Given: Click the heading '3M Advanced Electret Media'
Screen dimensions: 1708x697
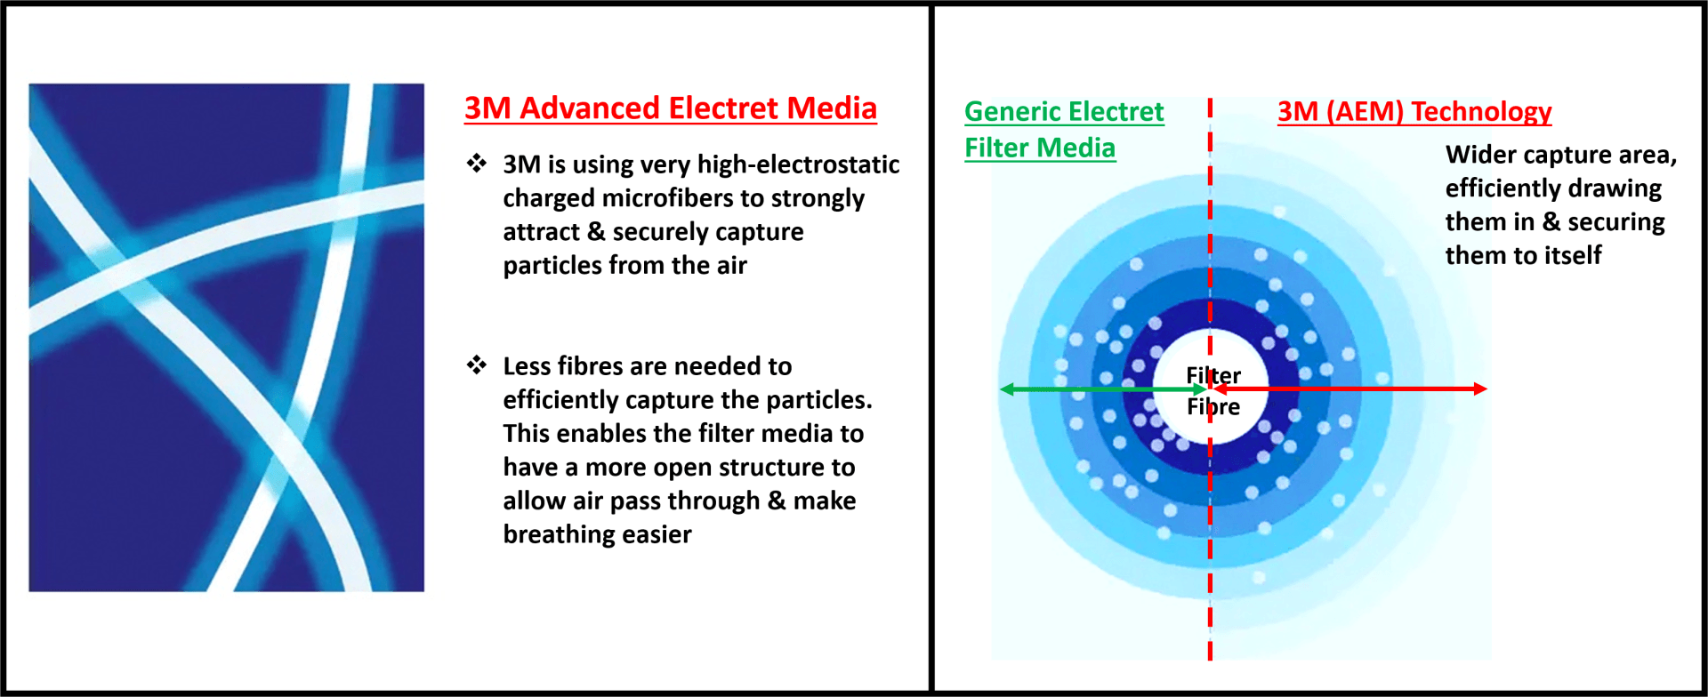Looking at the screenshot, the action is [671, 108].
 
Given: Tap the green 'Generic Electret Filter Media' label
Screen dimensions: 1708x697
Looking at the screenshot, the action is [1064, 130].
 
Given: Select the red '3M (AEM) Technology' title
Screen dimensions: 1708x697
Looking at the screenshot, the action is [1414, 112].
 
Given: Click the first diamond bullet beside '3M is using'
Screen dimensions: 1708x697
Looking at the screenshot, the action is [477, 163].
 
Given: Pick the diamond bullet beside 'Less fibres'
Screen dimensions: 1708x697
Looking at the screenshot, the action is [477, 365].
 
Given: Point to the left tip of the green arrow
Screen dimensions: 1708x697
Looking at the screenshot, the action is [1001, 389].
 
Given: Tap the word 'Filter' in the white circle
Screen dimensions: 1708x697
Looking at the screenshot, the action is [1213, 375].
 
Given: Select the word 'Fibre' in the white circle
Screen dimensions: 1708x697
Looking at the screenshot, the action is [1213, 407].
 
